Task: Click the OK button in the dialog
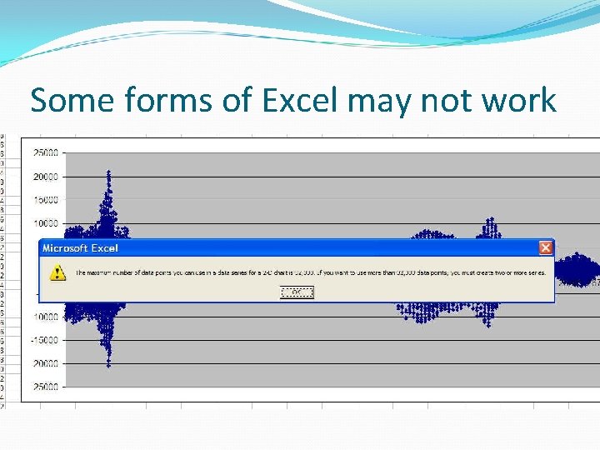click(x=297, y=292)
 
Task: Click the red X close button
click(x=545, y=247)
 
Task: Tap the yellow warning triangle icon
click(x=57, y=272)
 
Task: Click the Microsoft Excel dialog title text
click(x=80, y=247)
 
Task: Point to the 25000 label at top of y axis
click(x=45, y=153)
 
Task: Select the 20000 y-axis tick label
click(x=45, y=177)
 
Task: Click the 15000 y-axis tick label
click(x=45, y=200)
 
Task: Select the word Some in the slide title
click(x=72, y=101)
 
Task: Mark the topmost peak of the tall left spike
click(x=108, y=172)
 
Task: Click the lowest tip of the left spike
click(x=108, y=365)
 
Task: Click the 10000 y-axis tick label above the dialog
click(x=45, y=223)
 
